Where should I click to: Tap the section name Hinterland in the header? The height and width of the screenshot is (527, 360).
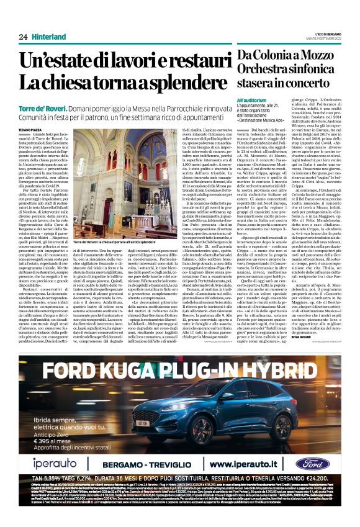click(49, 37)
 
